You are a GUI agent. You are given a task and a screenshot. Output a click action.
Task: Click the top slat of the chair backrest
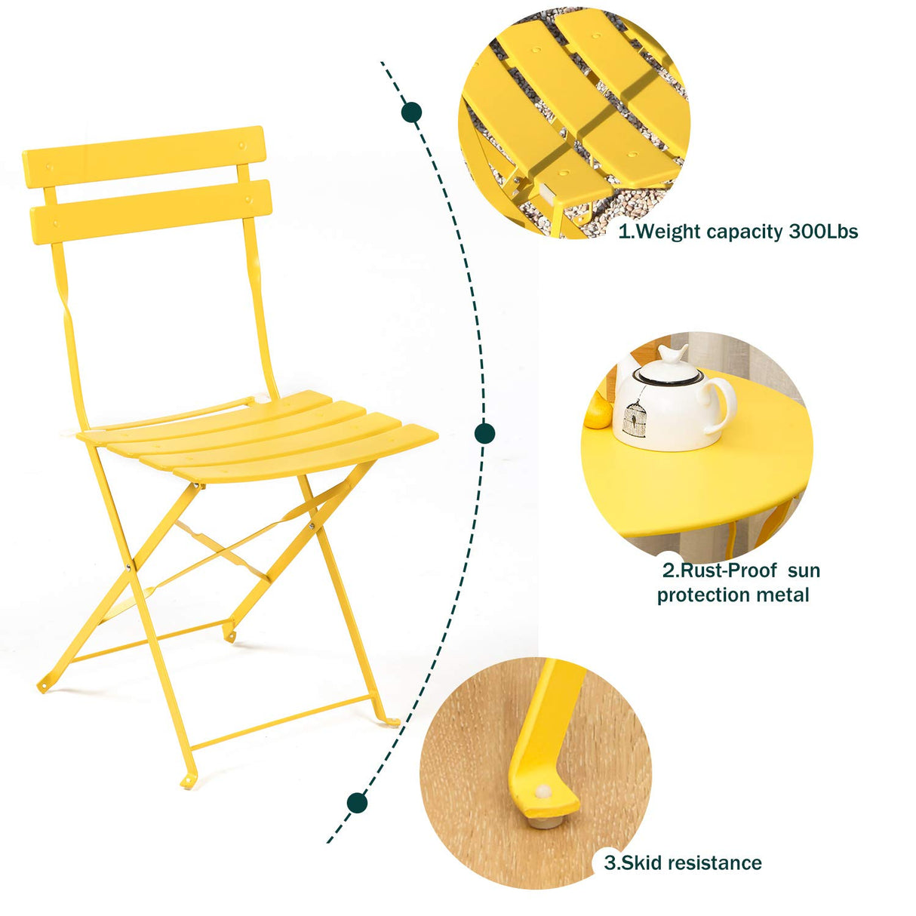tap(143, 157)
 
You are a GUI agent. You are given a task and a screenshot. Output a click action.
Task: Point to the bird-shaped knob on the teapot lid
tap(672, 354)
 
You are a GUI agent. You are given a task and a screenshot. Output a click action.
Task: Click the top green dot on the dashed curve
tap(411, 113)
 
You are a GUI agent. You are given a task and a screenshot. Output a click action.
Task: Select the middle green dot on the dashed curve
tap(484, 433)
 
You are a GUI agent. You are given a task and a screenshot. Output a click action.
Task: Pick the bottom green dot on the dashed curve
tap(357, 803)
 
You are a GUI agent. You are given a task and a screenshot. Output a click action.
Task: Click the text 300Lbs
tap(823, 232)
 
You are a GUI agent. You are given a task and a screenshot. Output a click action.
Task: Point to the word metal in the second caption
tap(783, 595)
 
